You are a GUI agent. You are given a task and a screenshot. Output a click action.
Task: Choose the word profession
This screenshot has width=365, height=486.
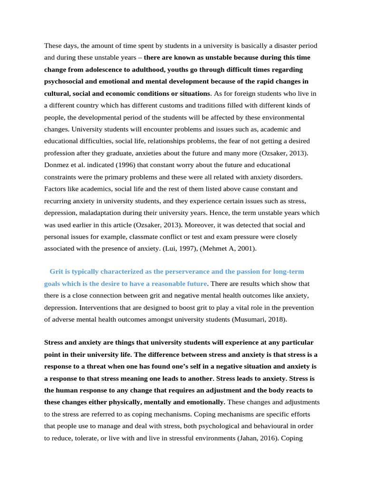(x=60, y=153)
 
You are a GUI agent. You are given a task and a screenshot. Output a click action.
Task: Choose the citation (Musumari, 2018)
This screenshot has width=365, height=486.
(x=259, y=319)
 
